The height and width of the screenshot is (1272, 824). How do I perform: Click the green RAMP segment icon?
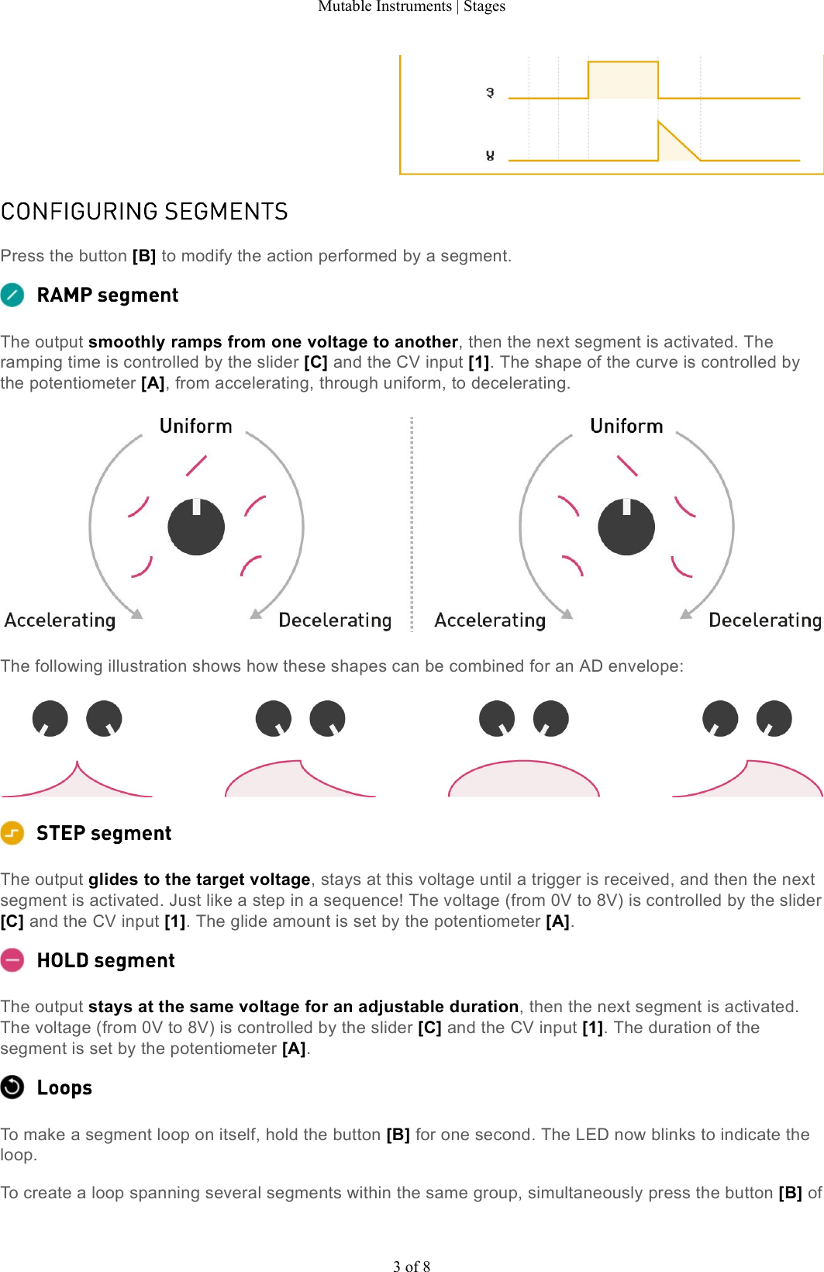click(12, 295)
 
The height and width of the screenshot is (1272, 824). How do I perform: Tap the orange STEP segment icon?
click(12, 833)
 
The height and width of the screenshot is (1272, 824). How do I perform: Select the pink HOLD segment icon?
click(12, 960)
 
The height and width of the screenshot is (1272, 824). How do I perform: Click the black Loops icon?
click(12, 1087)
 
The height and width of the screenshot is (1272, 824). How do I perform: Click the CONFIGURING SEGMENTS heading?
click(144, 212)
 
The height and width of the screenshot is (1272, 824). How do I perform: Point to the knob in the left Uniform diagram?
click(196, 527)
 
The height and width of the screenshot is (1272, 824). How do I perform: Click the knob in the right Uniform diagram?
click(626, 527)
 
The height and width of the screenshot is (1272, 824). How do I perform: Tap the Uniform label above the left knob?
click(195, 426)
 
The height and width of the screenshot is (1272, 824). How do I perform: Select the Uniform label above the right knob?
click(626, 426)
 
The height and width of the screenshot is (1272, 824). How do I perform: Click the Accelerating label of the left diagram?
click(60, 620)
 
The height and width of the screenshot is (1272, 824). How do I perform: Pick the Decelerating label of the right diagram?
click(764, 620)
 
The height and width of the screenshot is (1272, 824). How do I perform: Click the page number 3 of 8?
click(412, 1266)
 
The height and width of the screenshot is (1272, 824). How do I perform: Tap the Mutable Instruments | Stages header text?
click(412, 6)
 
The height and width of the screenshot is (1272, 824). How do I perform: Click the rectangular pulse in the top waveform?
click(623, 80)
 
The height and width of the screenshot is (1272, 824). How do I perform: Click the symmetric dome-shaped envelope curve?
click(524, 779)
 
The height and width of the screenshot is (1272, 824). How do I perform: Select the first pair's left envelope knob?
click(50, 718)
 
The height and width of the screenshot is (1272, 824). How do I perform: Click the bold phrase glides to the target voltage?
click(199, 879)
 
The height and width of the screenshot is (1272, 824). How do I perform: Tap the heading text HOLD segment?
click(106, 960)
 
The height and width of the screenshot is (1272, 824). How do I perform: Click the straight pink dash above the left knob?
click(196, 465)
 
